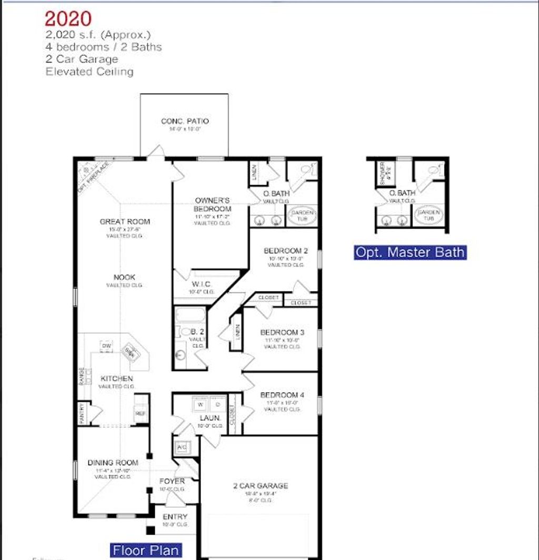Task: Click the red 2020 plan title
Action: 68,19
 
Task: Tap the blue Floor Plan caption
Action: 146,551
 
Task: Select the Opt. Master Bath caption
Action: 410,252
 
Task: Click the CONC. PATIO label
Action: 185,121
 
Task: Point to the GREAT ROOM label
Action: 125,222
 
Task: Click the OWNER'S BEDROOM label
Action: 213,204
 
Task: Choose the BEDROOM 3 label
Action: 282,333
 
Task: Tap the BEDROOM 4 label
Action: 282,395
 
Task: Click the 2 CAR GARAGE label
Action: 260,486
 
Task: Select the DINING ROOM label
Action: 113,463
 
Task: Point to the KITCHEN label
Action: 117,378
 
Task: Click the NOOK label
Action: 124,277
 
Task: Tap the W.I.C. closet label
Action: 202,284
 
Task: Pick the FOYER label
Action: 172,481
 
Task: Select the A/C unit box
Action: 182,447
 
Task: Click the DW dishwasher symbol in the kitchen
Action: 106,346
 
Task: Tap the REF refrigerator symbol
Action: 141,414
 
